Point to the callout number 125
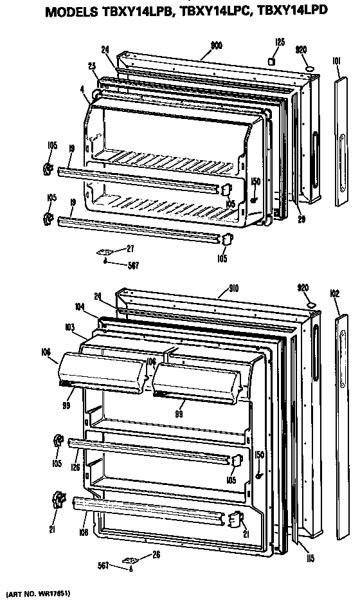pyautogui.click(x=280, y=42)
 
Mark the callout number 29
pyautogui.click(x=301, y=219)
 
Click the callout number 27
pyautogui.click(x=130, y=249)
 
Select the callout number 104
pyautogui.click(x=79, y=307)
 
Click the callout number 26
pyautogui.click(x=156, y=556)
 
